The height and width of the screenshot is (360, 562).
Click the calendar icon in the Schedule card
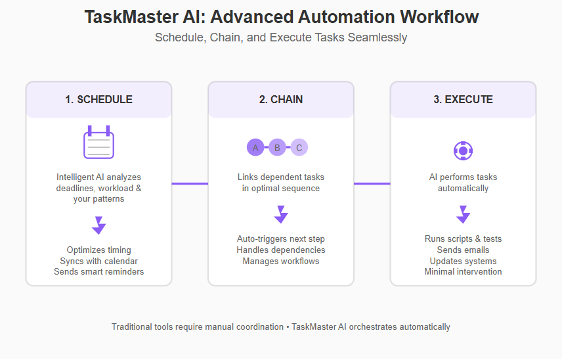click(98, 142)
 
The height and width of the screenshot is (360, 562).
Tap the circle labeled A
click(255, 147)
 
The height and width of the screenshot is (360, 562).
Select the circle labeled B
click(277, 147)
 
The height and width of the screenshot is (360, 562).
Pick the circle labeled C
click(299, 147)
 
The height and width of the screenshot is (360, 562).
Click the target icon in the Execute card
click(463, 151)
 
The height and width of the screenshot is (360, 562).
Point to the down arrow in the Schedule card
click(98, 225)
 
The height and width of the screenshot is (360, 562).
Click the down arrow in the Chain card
click(280, 214)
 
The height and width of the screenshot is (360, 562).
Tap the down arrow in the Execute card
click(463, 214)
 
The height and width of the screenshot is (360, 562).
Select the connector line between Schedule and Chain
click(190, 183)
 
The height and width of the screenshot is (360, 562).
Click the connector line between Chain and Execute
click(372, 183)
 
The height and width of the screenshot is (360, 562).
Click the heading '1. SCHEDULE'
click(98, 99)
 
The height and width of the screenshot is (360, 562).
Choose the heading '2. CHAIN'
click(280, 99)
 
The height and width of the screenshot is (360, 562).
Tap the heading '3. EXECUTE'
click(463, 99)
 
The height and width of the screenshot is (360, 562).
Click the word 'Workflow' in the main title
click(439, 17)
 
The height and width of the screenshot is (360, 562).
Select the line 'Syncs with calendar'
click(98, 261)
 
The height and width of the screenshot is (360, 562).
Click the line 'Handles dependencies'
click(280, 250)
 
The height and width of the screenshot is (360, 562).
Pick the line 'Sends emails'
click(463, 250)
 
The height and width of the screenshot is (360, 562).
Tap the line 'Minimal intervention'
click(463, 272)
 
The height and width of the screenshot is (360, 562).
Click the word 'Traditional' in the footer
click(131, 327)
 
